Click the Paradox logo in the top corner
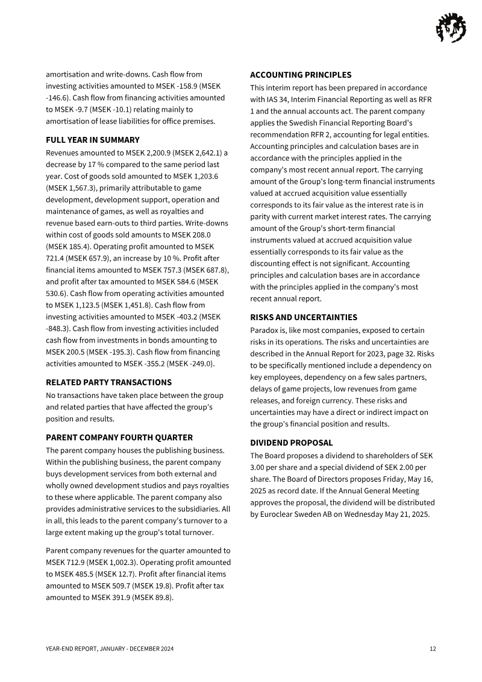[x=451, y=28]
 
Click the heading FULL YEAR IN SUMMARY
[x=93, y=140]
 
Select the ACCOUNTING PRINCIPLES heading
[x=301, y=75]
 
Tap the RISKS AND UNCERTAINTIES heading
[x=304, y=317]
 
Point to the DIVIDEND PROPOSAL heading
[x=291, y=443]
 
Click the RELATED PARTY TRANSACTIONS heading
[x=108, y=382]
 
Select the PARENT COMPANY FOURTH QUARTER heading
[x=119, y=437]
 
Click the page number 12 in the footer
[x=433, y=649]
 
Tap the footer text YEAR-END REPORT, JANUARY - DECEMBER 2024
[x=110, y=649]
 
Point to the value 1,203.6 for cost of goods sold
[x=204, y=176]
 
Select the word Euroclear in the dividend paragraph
[x=274, y=514]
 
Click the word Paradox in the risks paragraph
[x=264, y=330]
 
